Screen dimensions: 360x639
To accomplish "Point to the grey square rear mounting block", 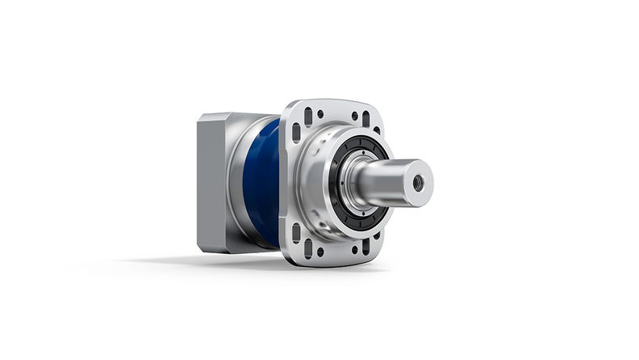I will pyautogui.click(x=212, y=182).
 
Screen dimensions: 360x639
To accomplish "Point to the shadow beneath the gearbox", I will pyautogui.click(x=243, y=261).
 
